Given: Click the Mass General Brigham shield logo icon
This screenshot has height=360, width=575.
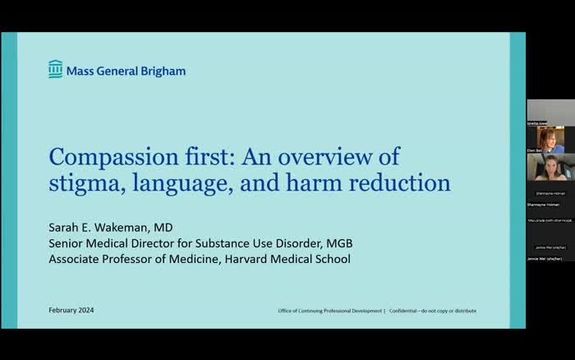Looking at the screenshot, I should coord(55,70).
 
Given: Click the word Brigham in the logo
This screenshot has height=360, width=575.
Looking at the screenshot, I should coord(163,71).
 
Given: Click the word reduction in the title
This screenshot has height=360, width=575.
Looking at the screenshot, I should coord(399,182).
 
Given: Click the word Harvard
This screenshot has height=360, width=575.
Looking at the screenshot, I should coord(246,259).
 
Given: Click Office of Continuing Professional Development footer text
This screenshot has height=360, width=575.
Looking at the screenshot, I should coord(329,311).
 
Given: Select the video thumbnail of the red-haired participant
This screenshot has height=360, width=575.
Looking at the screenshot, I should coord(550,140).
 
